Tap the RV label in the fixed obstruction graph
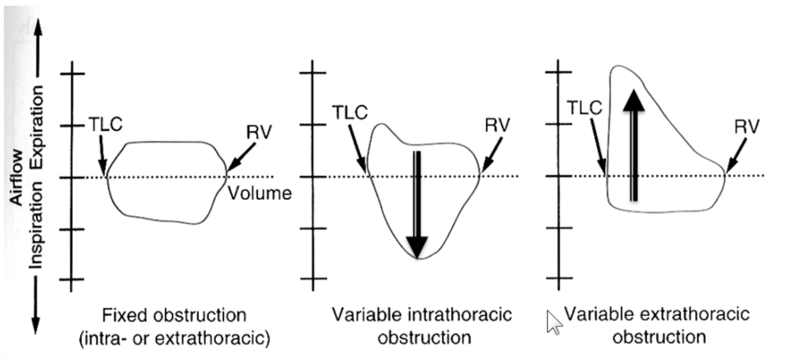(x=259, y=132)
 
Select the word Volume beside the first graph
(x=261, y=193)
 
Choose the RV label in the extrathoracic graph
(x=747, y=127)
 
